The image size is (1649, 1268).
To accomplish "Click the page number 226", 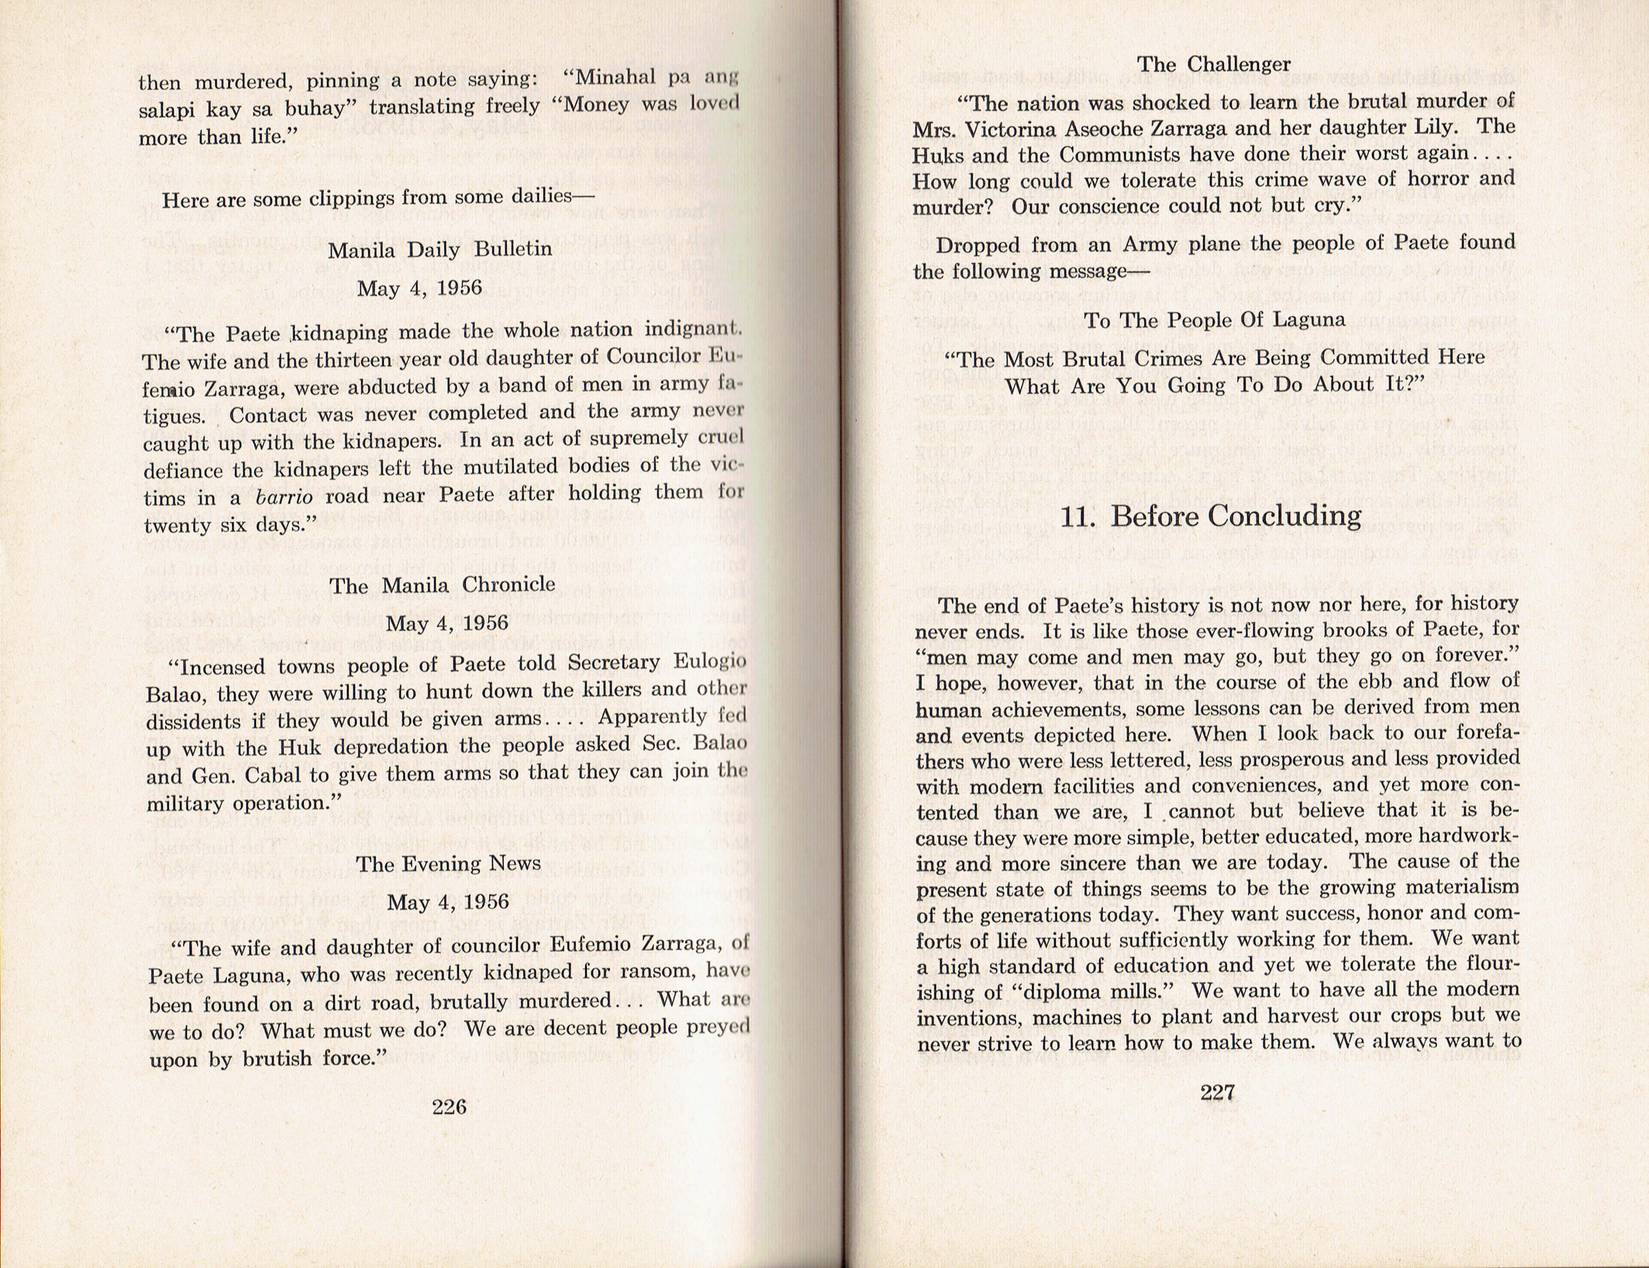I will pos(448,1106).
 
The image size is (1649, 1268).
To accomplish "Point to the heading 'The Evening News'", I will pos(448,863).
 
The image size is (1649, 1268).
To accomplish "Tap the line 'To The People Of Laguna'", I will pos(1214,320).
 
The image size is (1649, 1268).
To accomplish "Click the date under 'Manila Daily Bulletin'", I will pos(419,288).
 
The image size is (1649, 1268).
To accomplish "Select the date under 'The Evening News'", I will pos(448,902).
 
